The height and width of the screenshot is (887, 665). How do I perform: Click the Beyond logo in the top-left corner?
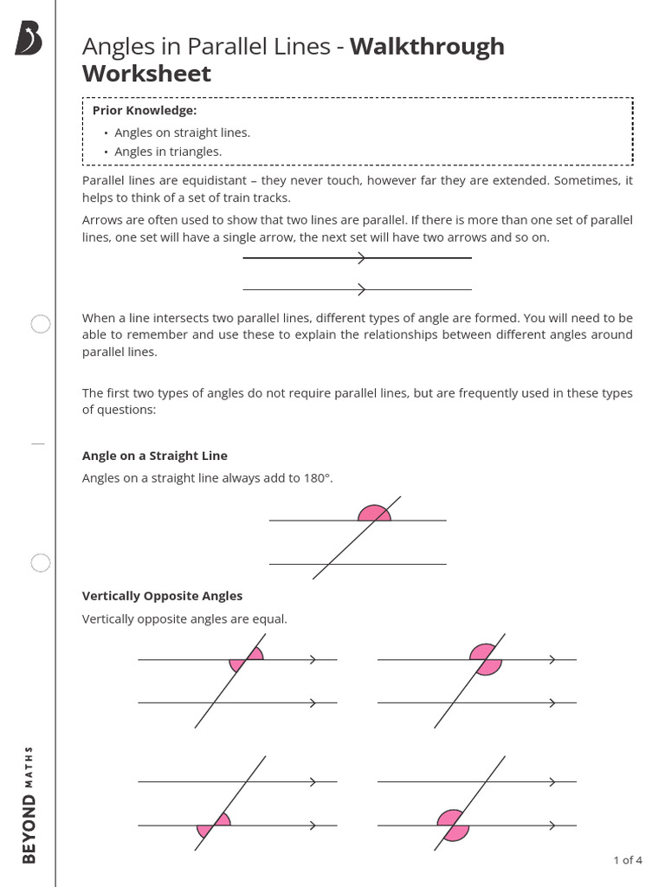click(29, 39)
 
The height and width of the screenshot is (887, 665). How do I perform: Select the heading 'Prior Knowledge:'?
click(145, 111)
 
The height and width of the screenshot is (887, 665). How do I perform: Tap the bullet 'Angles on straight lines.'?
click(182, 133)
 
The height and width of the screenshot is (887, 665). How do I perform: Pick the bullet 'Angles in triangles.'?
click(168, 152)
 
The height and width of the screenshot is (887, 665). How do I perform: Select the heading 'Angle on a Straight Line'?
click(155, 456)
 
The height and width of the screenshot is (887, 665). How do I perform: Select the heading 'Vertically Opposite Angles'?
click(162, 596)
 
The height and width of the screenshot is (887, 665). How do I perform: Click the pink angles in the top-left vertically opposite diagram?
click(247, 660)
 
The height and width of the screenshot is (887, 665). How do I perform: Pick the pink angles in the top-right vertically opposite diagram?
click(486, 660)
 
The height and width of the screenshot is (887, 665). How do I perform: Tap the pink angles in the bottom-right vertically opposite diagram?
click(453, 825)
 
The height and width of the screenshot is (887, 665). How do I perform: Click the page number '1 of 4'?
click(627, 860)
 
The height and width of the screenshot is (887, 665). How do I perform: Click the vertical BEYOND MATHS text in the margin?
click(29, 803)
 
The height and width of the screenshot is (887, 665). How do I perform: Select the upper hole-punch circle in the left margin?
click(41, 325)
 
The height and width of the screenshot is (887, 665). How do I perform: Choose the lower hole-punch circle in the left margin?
click(41, 564)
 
